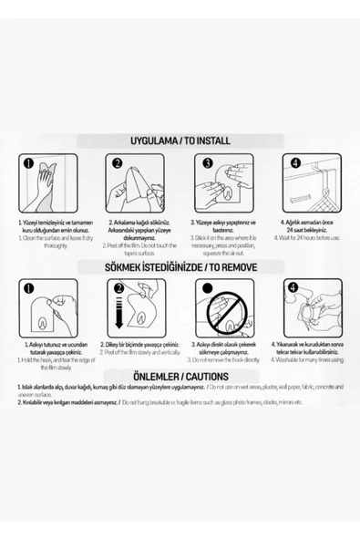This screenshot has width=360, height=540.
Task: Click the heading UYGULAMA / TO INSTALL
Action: (180, 142)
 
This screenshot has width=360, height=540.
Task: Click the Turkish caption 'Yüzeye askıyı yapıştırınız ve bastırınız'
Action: (222, 225)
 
